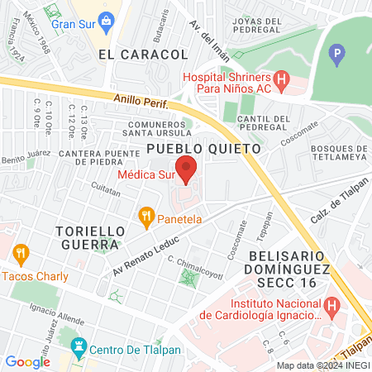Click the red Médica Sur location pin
click(x=187, y=168)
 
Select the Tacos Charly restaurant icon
click(x=21, y=254)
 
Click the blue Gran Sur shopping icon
click(x=105, y=20)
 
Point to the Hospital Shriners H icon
click(x=282, y=80)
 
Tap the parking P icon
click(x=336, y=56)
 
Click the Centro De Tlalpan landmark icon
click(x=79, y=347)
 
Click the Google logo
click(x=27, y=361)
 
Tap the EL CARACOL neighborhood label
click(x=143, y=54)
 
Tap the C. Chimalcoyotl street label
click(x=195, y=265)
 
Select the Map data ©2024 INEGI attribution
click(x=322, y=365)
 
